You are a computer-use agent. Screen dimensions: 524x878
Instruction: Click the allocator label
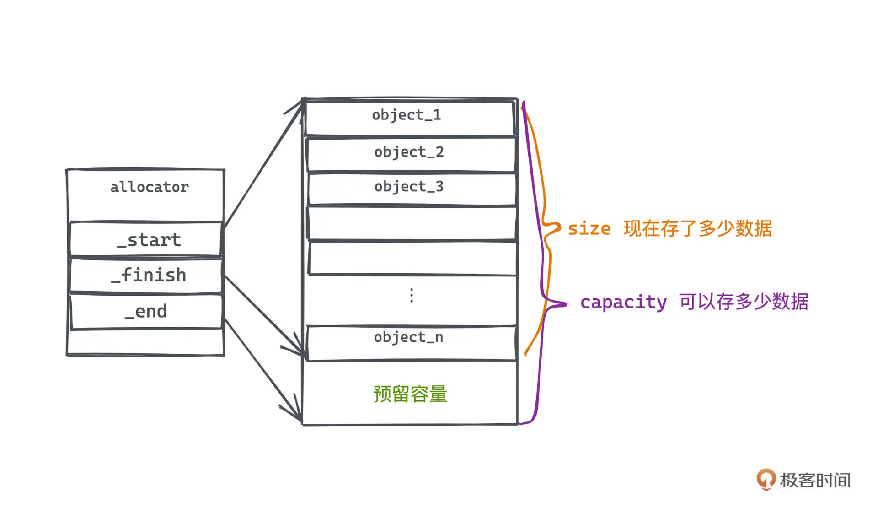(x=149, y=187)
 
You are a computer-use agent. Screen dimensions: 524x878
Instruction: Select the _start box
(x=145, y=239)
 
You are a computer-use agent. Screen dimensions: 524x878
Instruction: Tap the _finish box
(x=145, y=276)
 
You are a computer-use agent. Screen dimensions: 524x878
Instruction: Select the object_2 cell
(x=411, y=153)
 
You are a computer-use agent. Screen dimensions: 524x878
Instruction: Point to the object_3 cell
(x=411, y=188)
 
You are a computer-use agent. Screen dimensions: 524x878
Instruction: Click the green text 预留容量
(x=410, y=394)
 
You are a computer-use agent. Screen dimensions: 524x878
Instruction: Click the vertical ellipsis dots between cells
(x=412, y=296)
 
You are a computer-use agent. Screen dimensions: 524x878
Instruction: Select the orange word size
(x=589, y=228)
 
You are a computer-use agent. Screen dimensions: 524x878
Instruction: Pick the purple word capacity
(x=623, y=303)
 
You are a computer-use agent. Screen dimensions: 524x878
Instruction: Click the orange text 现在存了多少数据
(x=698, y=228)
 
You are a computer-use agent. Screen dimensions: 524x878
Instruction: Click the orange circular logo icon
(x=766, y=479)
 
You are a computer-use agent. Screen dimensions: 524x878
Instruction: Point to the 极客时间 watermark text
(x=815, y=480)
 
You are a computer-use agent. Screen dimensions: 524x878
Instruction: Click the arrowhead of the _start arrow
(x=302, y=103)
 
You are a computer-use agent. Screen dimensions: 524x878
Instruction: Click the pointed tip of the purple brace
(x=566, y=304)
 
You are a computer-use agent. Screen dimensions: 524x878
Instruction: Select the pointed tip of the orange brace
(x=560, y=227)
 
